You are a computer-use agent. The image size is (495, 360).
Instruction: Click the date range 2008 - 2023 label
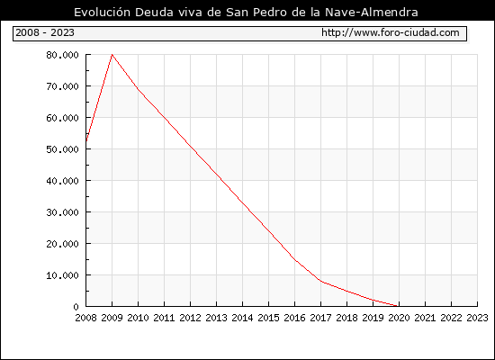[x=45, y=32]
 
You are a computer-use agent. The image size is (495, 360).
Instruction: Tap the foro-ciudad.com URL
[x=391, y=32]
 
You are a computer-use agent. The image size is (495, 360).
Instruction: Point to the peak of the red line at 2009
[x=112, y=55]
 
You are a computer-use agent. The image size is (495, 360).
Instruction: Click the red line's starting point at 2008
[x=86, y=141]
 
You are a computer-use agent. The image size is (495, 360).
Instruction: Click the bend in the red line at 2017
[x=320, y=281]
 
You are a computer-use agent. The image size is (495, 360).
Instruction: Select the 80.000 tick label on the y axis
[x=62, y=55]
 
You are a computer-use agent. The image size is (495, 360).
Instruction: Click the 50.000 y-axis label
[x=62, y=149]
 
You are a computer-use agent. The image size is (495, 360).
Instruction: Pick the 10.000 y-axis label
[x=62, y=275]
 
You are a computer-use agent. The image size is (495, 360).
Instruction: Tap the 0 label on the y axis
[x=76, y=307]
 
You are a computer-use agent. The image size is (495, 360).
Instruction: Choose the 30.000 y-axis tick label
[x=62, y=212]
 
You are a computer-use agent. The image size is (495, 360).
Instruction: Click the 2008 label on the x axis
[x=85, y=318]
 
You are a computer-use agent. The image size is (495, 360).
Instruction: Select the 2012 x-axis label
[x=190, y=318]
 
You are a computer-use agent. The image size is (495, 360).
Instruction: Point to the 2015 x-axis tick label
[x=268, y=318]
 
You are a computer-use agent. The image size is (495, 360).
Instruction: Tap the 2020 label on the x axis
[x=399, y=318]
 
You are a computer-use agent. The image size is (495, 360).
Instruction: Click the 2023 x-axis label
[x=477, y=318]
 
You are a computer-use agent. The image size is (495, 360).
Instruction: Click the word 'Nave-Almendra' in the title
[x=372, y=13]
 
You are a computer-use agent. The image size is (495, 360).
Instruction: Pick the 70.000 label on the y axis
[x=62, y=86]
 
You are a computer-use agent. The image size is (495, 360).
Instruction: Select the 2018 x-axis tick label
[x=346, y=318]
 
